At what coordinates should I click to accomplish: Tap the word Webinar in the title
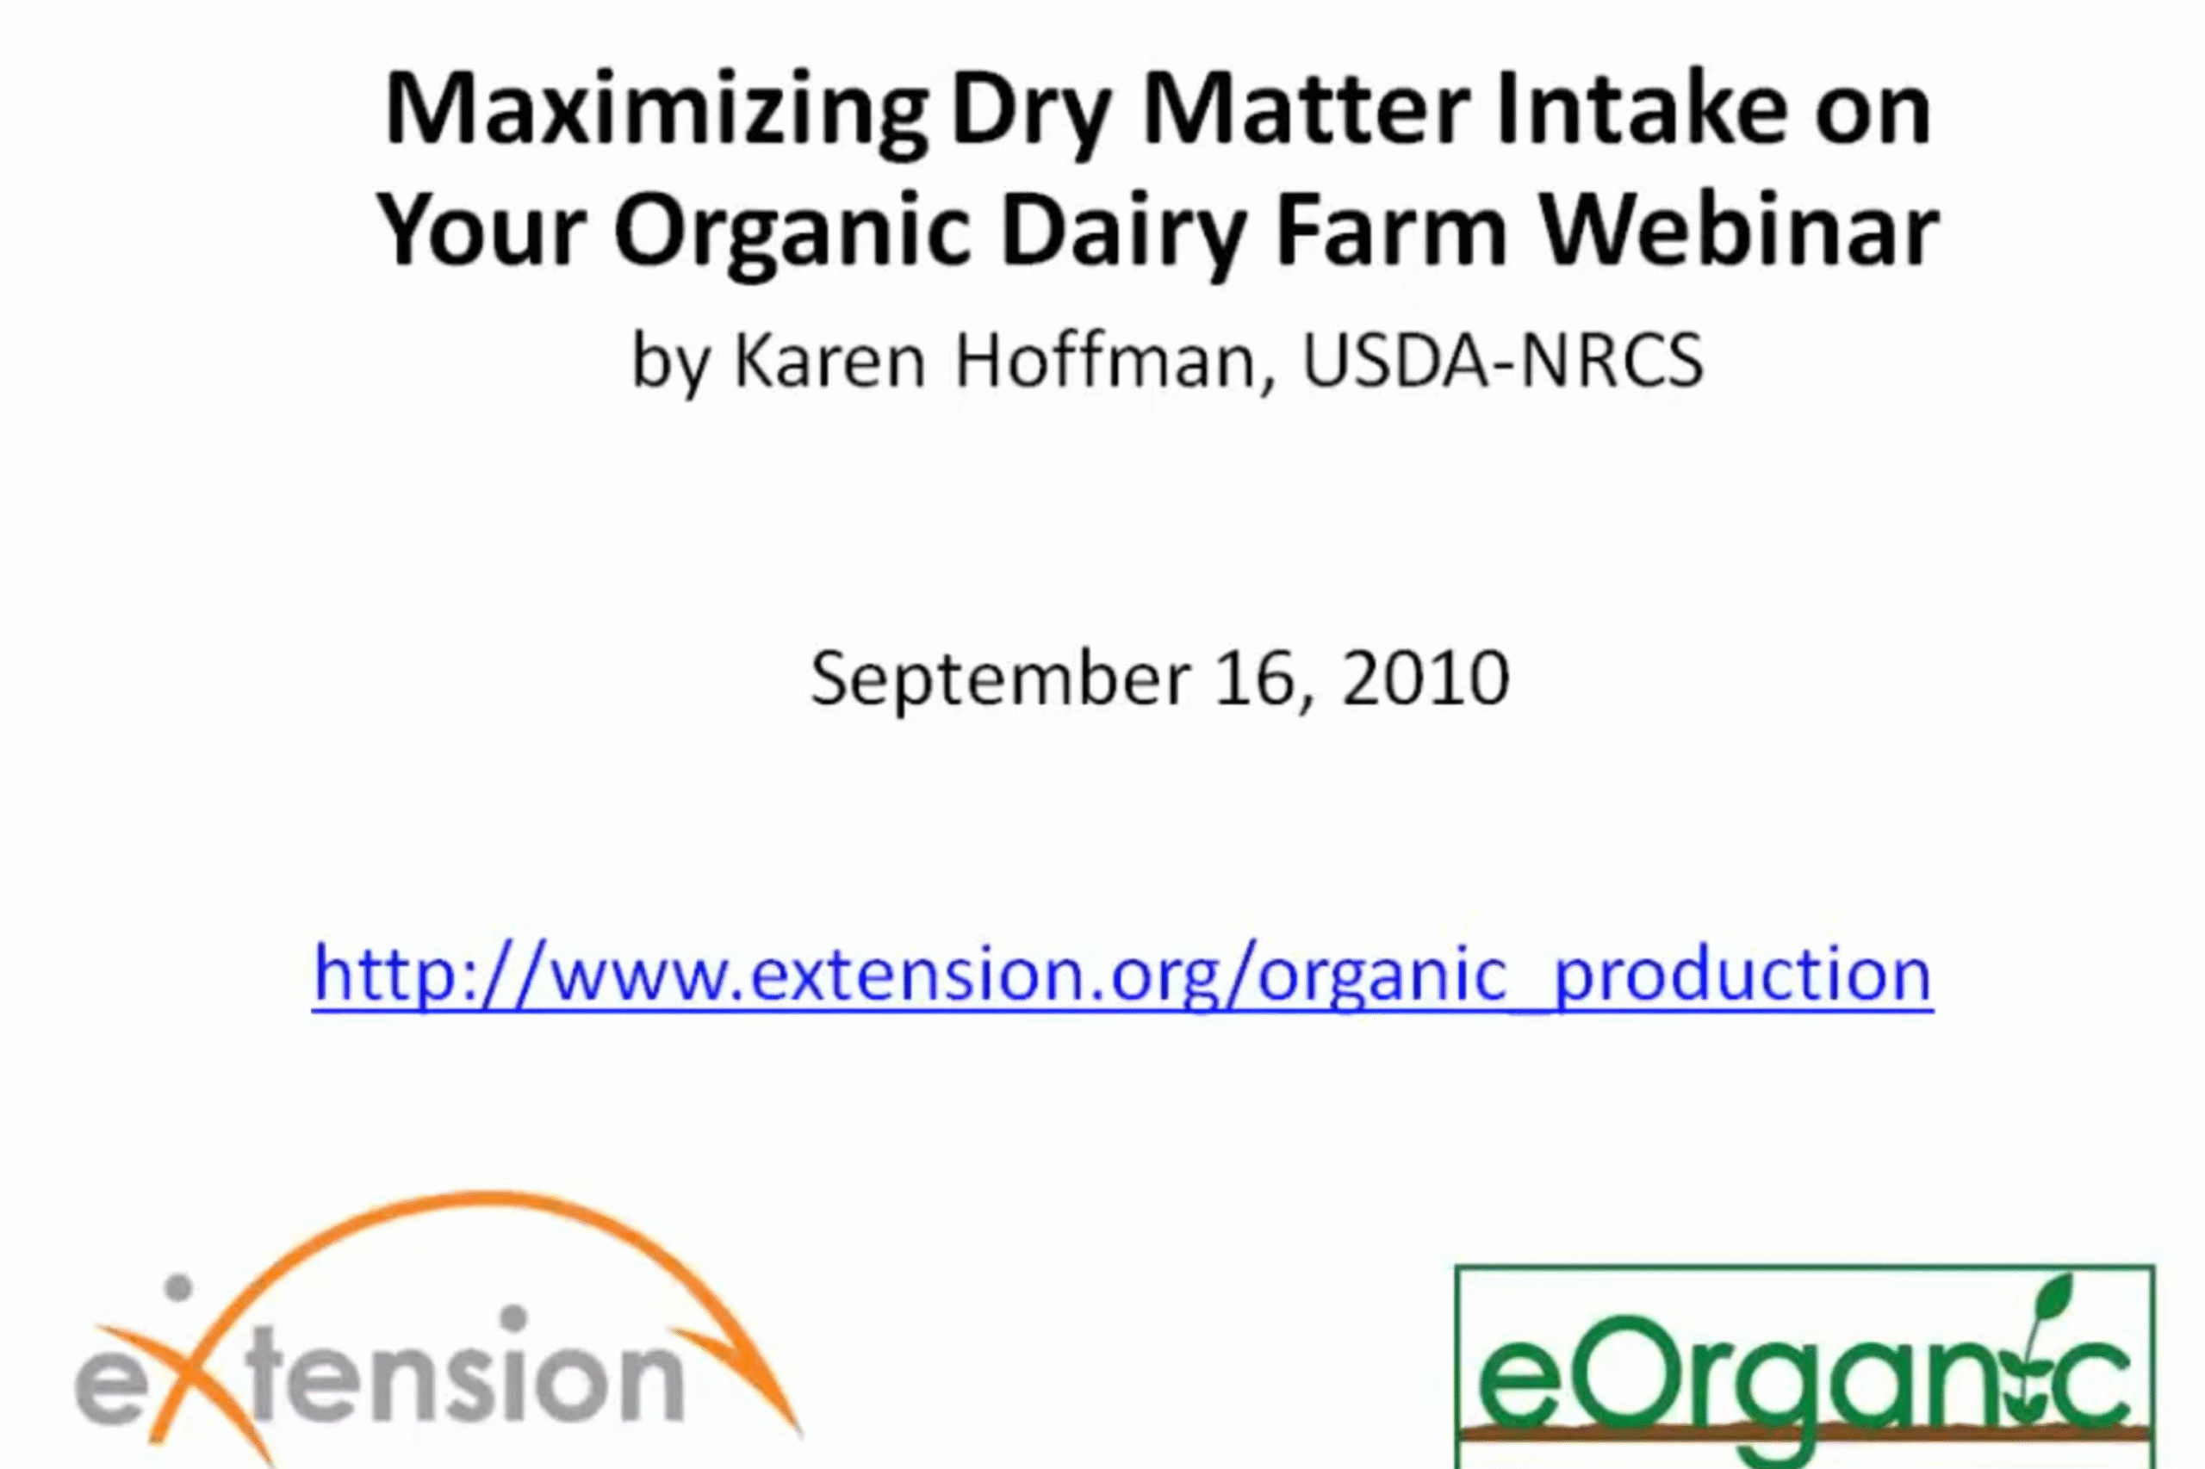click(x=1739, y=230)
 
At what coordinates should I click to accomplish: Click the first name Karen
click(x=830, y=362)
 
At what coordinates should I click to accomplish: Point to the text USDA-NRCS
click(x=1502, y=362)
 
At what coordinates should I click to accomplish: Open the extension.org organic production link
click(x=1122, y=976)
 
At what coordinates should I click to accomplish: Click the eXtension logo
click(x=438, y=1330)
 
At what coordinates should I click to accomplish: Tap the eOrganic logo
click(x=1804, y=1367)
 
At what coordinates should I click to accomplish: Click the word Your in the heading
click(x=481, y=230)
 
